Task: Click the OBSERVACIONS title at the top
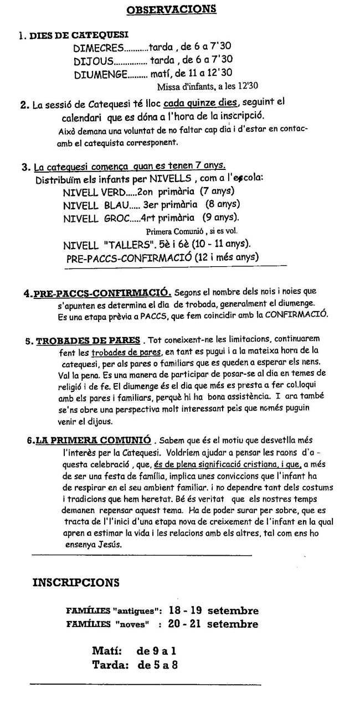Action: point(171,9)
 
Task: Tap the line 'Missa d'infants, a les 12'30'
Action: point(208,86)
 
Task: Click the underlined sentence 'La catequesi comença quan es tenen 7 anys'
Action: point(130,167)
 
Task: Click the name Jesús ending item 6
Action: point(111,544)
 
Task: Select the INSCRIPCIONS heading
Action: point(76,582)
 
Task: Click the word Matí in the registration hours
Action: point(107,651)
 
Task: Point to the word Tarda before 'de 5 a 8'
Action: point(110,665)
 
